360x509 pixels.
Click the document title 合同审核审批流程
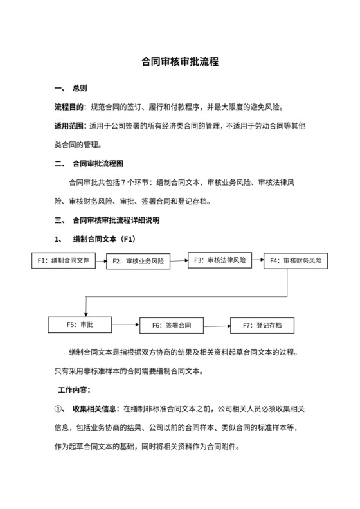(x=180, y=63)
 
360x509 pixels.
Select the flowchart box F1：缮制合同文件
(x=63, y=260)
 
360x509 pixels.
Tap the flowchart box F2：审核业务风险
(x=138, y=261)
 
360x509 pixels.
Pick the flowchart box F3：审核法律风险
(x=220, y=260)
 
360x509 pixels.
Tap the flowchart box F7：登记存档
(x=262, y=325)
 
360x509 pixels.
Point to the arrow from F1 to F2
(x=100, y=261)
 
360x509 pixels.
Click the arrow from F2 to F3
(x=179, y=260)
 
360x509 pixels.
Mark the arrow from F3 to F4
(x=257, y=260)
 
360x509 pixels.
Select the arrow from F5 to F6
(x=125, y=325)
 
